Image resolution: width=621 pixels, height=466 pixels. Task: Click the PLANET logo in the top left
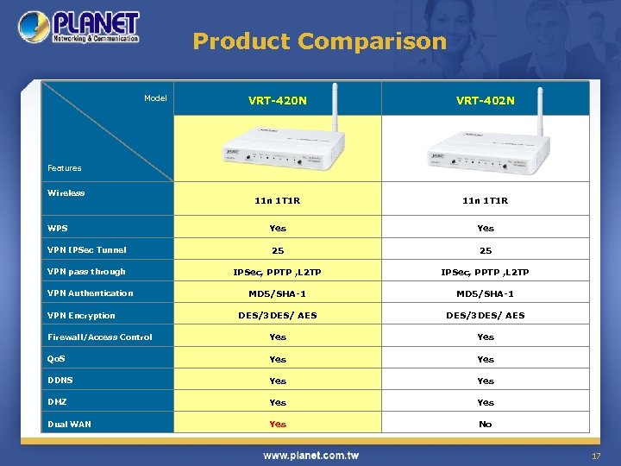(x=78, y=28)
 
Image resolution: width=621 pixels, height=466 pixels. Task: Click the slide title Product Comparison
(x=319, y=41)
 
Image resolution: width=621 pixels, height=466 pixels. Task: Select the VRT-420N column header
(x=277, y=100)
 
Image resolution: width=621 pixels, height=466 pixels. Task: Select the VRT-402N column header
(x=486, y=100)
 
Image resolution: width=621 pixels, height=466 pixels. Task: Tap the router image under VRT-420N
(x=277, y=149)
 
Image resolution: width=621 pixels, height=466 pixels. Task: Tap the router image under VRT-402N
(x=486, y=149)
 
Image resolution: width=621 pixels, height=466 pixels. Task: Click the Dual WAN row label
(x=70, y=424)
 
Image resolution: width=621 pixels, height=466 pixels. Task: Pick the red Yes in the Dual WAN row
(x=278, y=424)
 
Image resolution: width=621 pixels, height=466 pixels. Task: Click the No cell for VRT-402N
(x=486, y=424)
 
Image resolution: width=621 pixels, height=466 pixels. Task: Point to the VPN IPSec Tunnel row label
(x=87, y=250)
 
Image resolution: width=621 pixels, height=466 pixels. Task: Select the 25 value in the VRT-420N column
(x=278, y=250)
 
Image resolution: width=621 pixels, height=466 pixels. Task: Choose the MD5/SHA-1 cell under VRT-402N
(x=486, y=293)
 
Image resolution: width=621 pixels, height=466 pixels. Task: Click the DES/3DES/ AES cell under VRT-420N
(x=278, y=315)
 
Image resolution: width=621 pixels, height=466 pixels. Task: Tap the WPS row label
(x=58, y=229)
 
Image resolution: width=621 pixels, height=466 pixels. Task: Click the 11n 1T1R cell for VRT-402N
(x=486, y=201)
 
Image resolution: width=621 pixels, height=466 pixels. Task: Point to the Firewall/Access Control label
(x=100, y=337)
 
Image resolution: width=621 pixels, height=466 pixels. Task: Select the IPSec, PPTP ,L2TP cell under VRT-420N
(x=278, y=272)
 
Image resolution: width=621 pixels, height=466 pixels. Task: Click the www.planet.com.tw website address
(x=311, y=455)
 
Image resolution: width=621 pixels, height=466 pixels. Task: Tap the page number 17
(x=595, y=456)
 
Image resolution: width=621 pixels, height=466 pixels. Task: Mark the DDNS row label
(x=60, y=380)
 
